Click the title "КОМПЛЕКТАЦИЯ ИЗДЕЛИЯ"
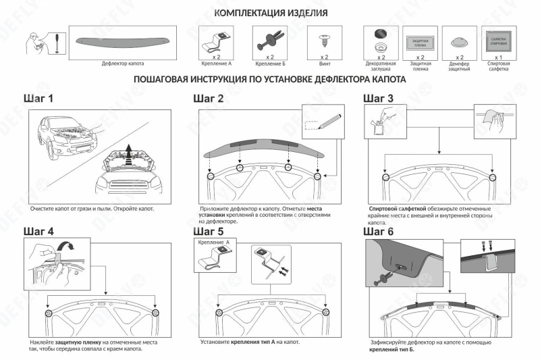pos(271,13)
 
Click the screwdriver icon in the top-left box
pos(57,41)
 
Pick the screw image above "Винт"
pos(325,40)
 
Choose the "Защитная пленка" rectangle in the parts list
pos(420,41)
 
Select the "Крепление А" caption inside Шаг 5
pos(213,241)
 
